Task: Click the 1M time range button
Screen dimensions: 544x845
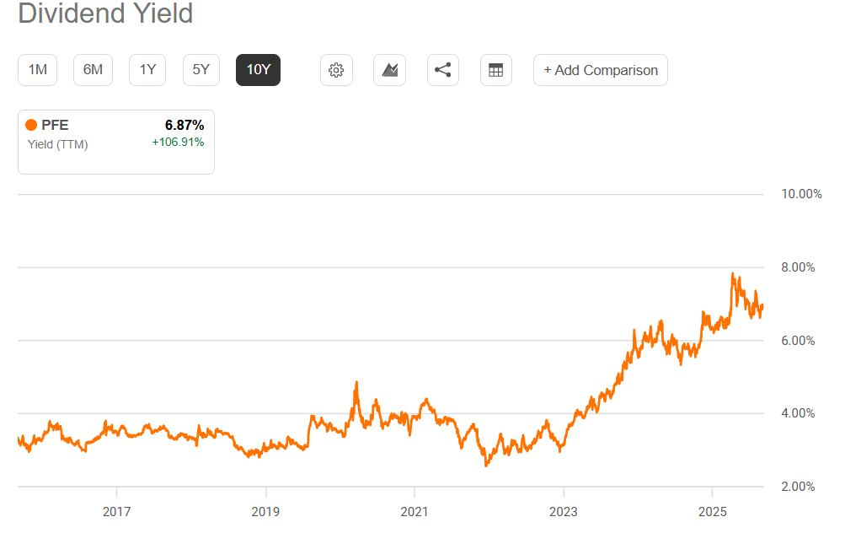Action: click(x=37, y=70)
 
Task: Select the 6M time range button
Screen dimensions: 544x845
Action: click(x=93, y=70)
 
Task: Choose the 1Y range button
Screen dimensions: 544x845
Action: click(x=147, y=70)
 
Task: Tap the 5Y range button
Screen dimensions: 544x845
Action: click(x=201, y=70)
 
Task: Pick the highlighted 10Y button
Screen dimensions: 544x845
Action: click(x=258, y=70)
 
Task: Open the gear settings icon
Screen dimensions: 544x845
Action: click(x=336, y=70)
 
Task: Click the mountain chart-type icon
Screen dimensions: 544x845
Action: click(x=389, y=70)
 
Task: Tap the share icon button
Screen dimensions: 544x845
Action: click(x=442, y=70)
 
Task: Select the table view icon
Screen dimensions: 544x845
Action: click(x=495, y=70)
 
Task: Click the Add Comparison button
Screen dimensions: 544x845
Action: click(x=600, y=70)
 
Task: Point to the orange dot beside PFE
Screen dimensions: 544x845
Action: click(x=31, y=126)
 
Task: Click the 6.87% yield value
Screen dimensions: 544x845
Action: click(x=184, y=126)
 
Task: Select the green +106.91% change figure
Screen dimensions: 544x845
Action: click(x=178, y=143)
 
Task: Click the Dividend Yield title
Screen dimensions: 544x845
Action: click(x=105, y=14)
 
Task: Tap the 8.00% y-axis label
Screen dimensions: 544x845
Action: click(x=799, y=267)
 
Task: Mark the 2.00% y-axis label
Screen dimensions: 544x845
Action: click(x=799, y=487)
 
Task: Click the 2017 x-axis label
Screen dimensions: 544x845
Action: click(x=116, y=512)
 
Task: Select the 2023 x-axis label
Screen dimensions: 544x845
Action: click(x=563, y=512)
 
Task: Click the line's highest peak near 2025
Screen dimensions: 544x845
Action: click(x=733, y=274)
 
